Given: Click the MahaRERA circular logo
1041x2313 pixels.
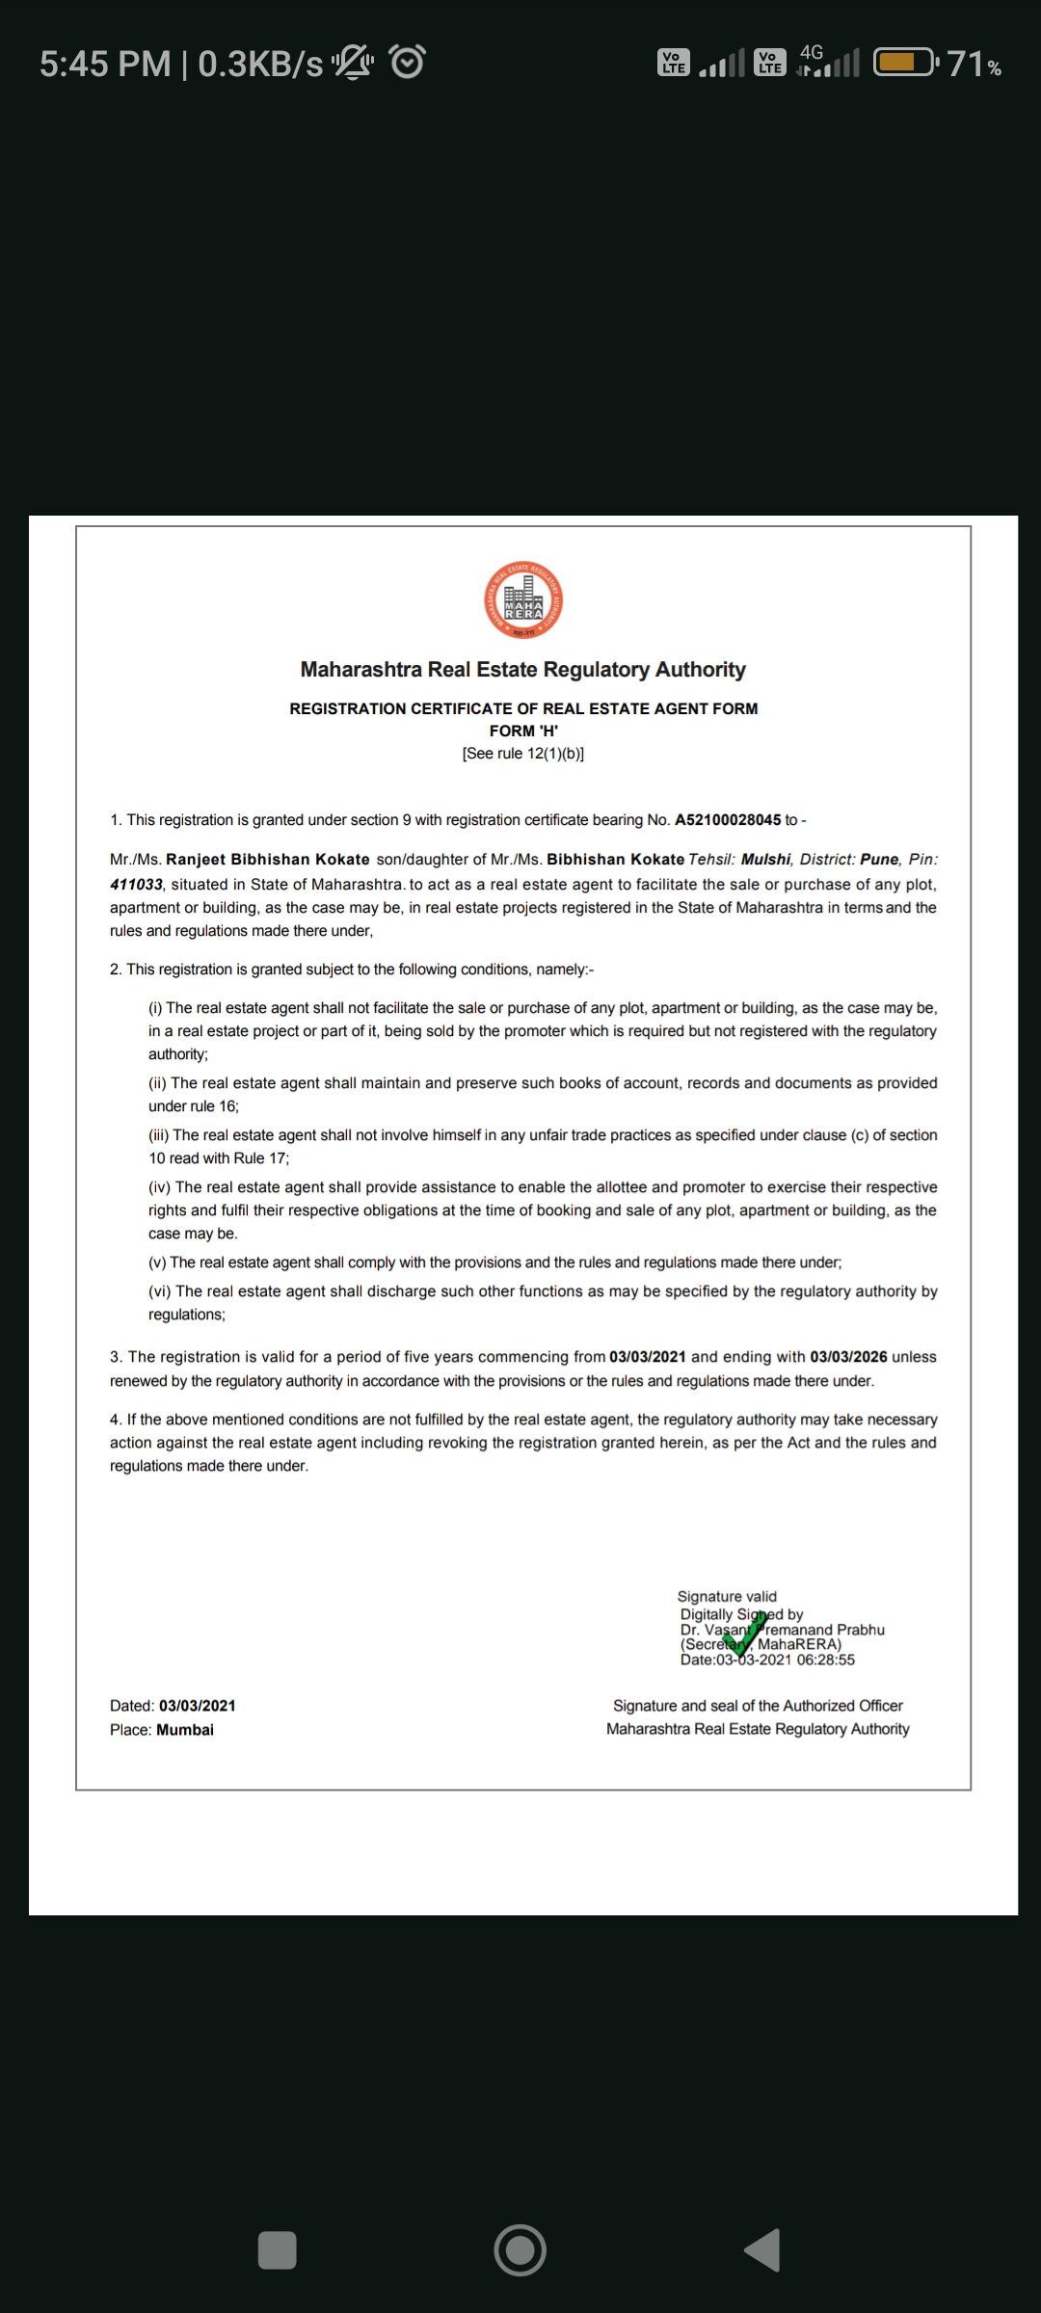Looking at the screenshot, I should pyautogui.click(x=523, y=599).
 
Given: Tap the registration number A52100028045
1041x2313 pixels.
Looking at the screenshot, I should pyautogui.click(x=728, y=820).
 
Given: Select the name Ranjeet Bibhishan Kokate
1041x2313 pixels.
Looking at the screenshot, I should pyautogui.click(x=268, y=860).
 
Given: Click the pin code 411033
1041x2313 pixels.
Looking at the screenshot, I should pyautogui.click(x=136, y=885).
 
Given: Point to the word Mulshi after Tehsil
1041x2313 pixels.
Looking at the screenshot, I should pyautogui.click(x=765, y=860).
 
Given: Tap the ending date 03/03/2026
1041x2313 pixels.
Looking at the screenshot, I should pyautogui.click(x=848, y=1357).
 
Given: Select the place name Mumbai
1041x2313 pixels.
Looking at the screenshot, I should pyautogui.click(x=185, y=1730).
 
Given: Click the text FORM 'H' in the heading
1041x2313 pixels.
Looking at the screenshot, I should pyautogui.click(x=523, y=731).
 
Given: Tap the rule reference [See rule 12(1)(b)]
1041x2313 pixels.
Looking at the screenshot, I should pyautogui.click(x=523, y=754).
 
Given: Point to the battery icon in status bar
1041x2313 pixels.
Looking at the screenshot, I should pyautogui.click(x=905, y=64).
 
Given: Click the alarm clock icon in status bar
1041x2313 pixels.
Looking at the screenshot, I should pyautogui.click(x=407, y=63).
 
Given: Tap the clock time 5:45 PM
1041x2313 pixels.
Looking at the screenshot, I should pyautogui.click(x=105, y=64).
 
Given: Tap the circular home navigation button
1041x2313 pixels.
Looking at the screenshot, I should pyautogui.click(x=520, y=2250).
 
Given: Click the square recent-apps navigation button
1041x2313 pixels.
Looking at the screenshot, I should pyautogui.click(x=278, y=2250).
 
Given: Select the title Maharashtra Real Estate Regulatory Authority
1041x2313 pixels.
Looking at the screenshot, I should pyautogui.click(x=523, y=670).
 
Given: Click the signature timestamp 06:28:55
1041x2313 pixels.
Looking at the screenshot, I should pyautogui.click(x=826, y=1660).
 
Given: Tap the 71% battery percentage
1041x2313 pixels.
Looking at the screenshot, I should pyautogui.click(x=974, y=64).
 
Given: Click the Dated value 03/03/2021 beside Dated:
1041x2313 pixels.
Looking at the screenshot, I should pyautogui.click(x=198, y=1706).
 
